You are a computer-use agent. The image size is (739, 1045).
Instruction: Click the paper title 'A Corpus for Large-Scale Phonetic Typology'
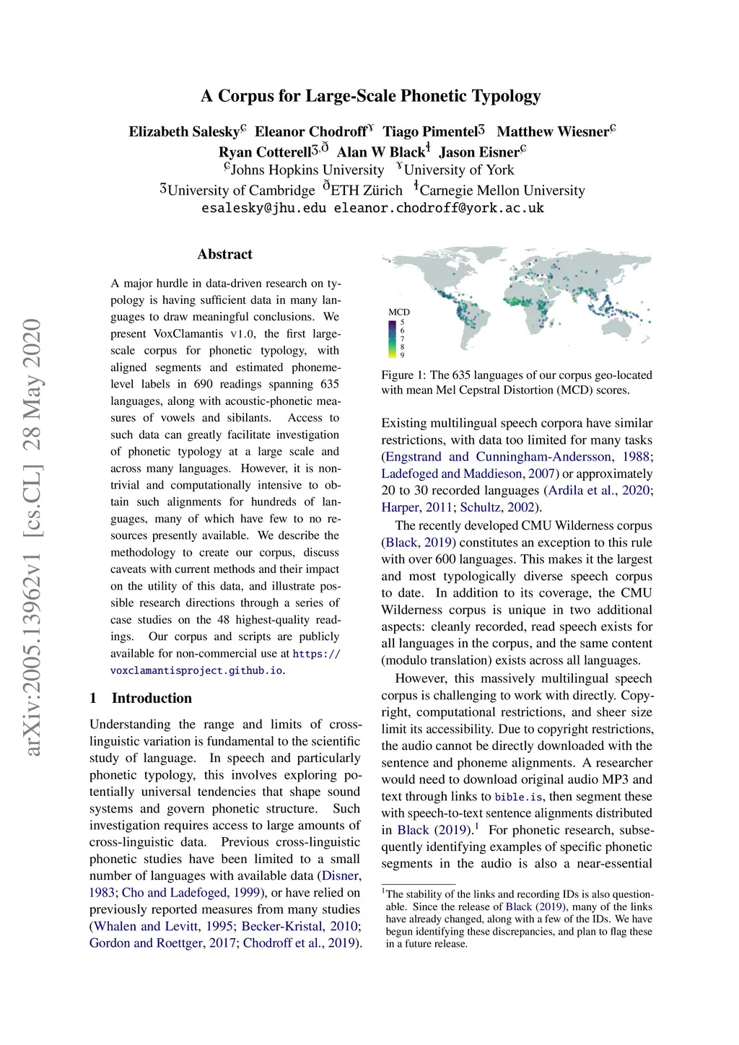tap(370, 96)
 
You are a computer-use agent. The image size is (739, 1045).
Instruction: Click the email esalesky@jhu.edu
tap(263, 208)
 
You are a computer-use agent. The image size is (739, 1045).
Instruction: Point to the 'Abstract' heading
tap(224, 254)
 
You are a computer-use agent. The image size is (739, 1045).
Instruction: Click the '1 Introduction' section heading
tap(141, 698)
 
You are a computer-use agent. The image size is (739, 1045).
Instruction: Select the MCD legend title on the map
tap(398, 312)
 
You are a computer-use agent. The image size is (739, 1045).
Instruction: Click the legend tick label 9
tap(403, 355)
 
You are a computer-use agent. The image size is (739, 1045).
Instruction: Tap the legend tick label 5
tap(403, 323)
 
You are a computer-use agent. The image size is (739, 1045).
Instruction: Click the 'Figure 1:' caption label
tap(404, 375)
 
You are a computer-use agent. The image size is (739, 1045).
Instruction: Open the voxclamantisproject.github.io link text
tap(196, 670)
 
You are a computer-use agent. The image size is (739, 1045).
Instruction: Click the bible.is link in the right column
tap(518, 797)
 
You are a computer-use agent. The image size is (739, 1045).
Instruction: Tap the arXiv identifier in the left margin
tap(32, 538)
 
